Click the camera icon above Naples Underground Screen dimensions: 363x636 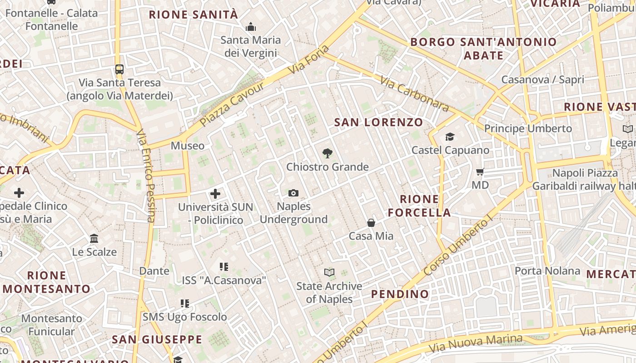click(x=293, y=193)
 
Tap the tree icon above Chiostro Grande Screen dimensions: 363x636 click(x=327, y=153)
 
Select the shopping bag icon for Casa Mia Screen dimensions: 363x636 click(x=371, y=223)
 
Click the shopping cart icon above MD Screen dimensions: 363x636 click(x=480, y=172)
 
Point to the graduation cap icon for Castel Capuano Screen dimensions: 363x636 click(x=450, y=137)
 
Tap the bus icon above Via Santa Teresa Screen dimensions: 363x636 click(x=119, y=69)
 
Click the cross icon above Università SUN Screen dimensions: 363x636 click(x=215, y=194)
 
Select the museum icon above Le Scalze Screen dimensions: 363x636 click(x=94, y=239)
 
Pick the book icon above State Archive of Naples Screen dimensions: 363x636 click(x=329, y=273)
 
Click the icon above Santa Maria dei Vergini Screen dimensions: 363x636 click(x=251, y=27)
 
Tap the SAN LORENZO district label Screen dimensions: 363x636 click(x=378, y=123)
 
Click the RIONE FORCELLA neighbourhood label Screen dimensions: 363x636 click(x=419, y=206)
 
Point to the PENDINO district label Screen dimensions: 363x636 click(x=400, y=294)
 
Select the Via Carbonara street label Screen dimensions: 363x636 click(x=414, y=94)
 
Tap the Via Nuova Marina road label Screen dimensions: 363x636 click(x=476, y=343)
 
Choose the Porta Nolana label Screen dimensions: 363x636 click(x=547, y=271)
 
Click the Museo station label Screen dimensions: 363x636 click(x=188, y=146)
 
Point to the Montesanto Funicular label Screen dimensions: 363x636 click(x=51, y=325)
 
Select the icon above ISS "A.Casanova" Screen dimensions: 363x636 click(x=224, y=267)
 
